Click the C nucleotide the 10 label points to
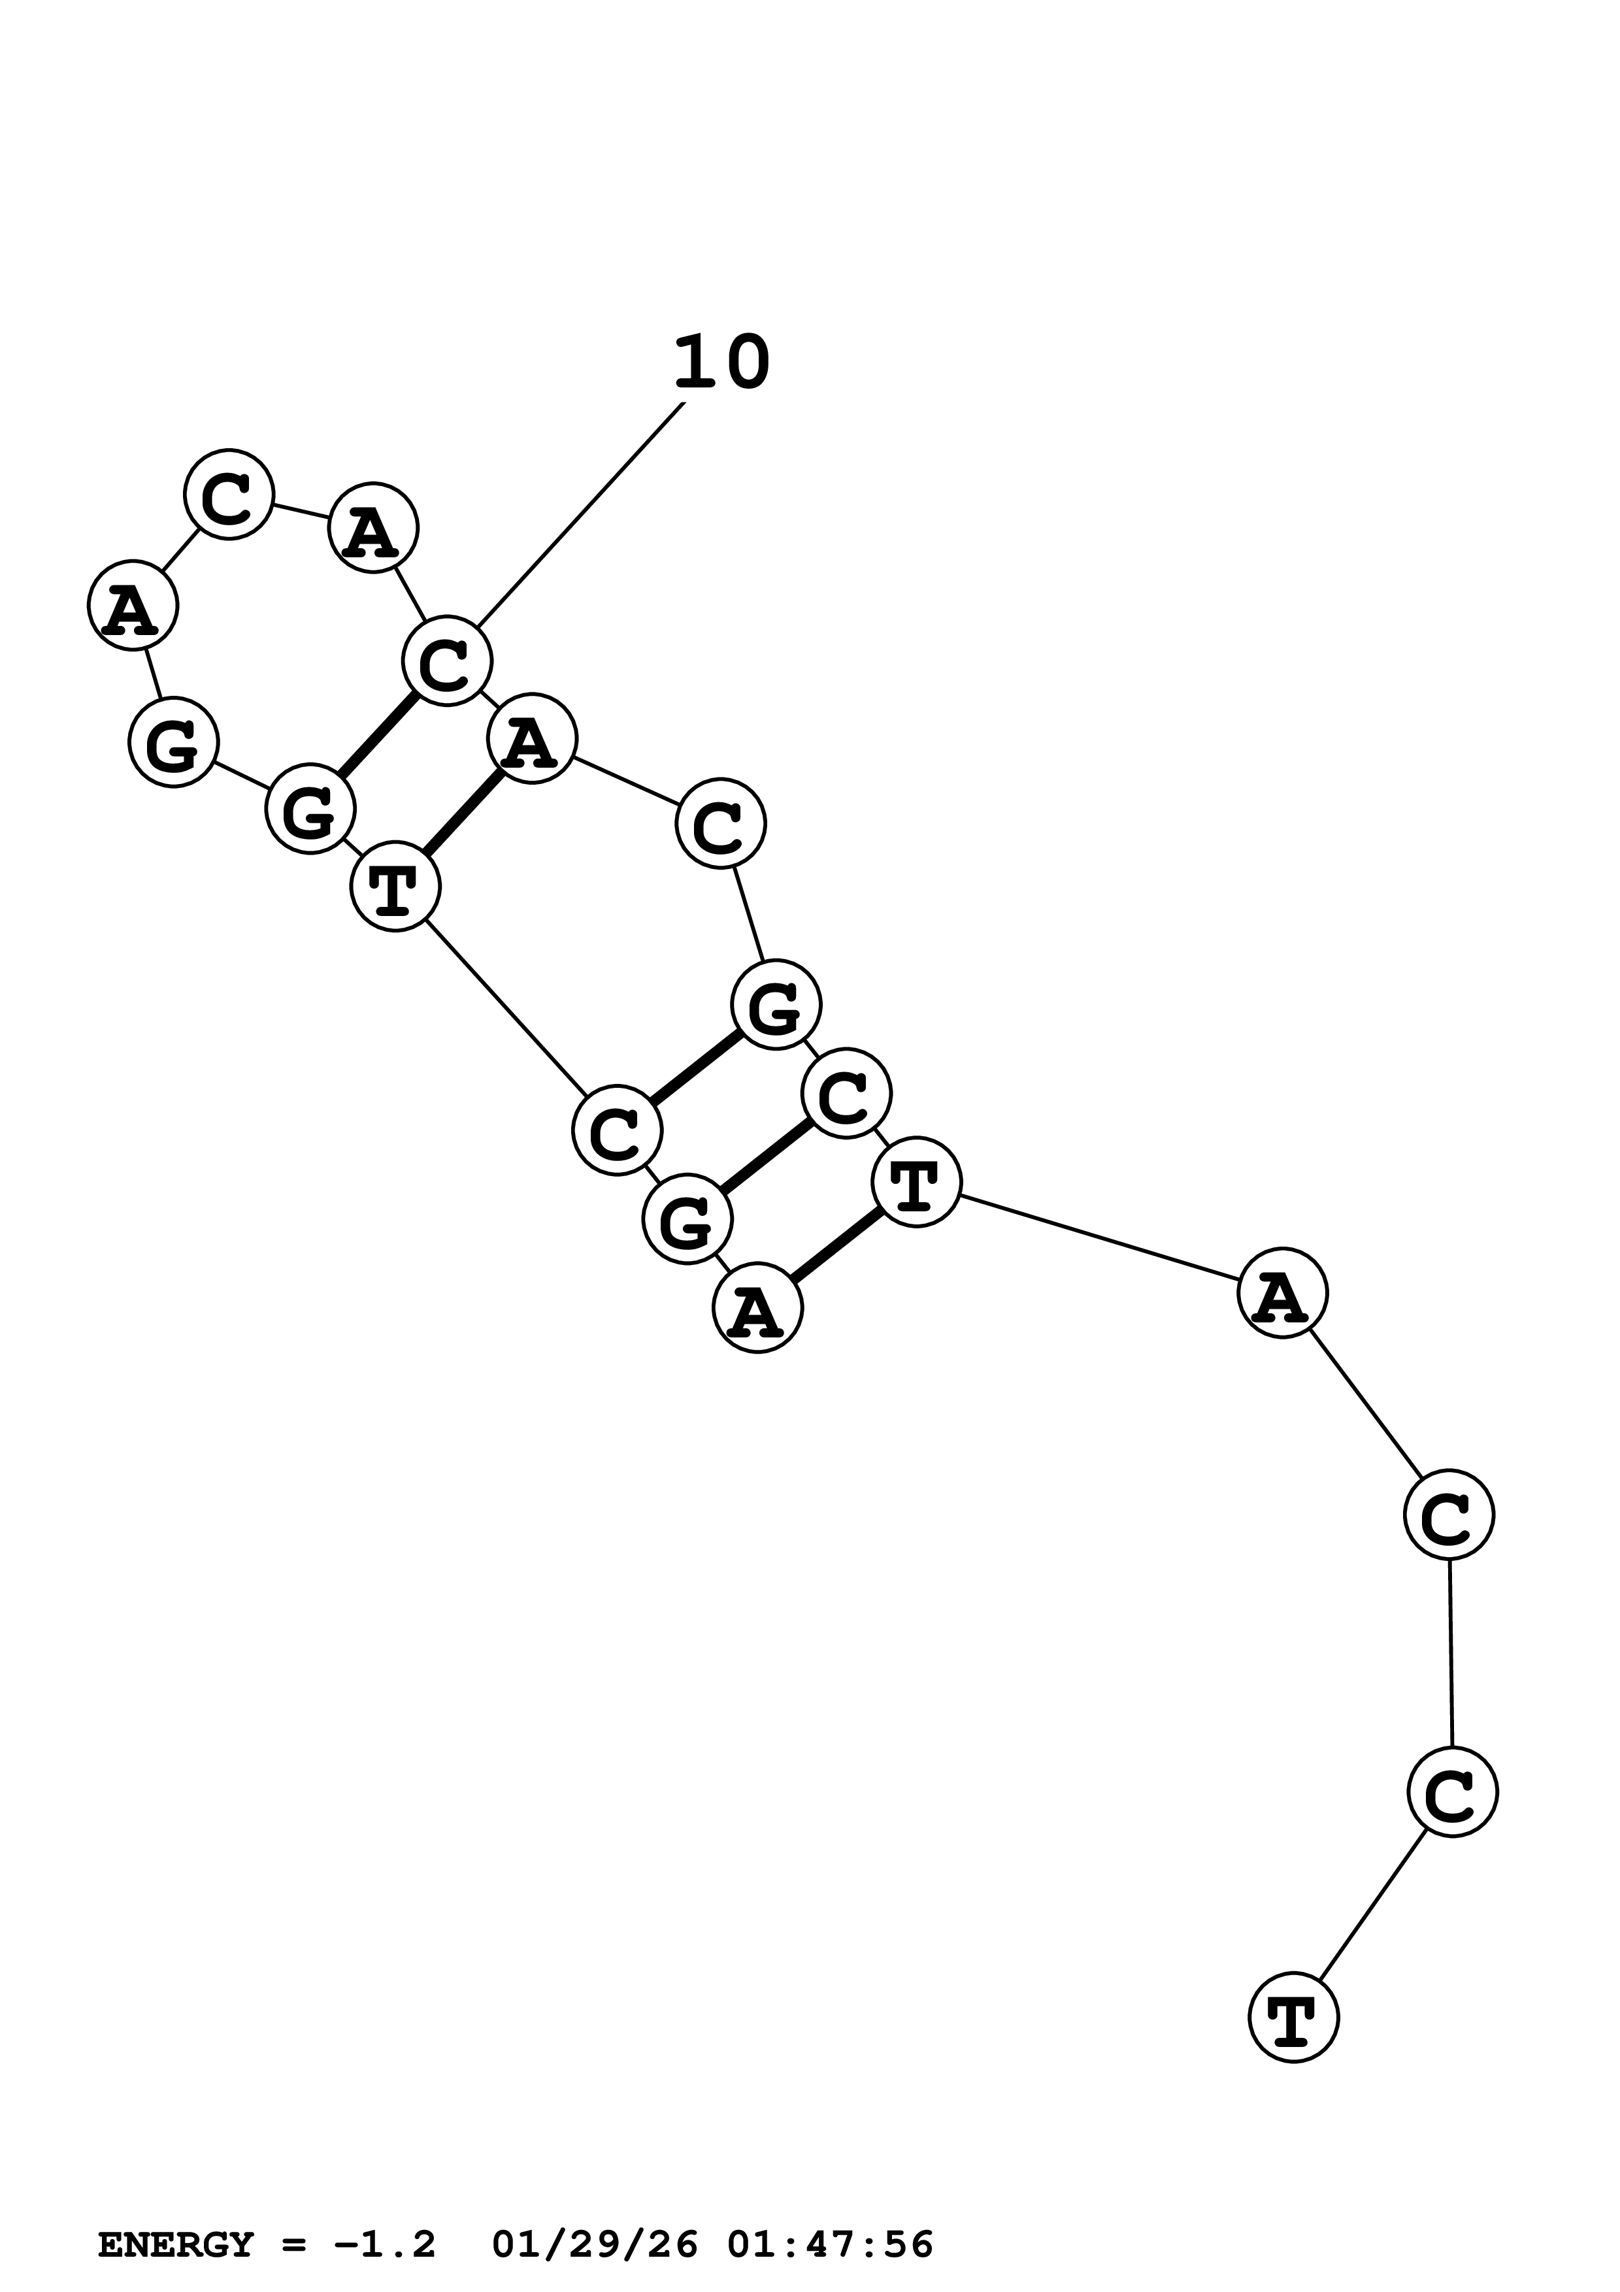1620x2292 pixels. (x=446, y=661)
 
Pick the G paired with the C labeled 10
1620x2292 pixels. (x=310, y=810)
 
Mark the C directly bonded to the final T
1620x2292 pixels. (x=1452, y=1792)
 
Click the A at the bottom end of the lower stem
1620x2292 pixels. (x=757, y=1308)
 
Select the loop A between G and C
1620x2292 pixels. (x=133, y=606)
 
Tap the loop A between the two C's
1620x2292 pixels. (x=372, y=528)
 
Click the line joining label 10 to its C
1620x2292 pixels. (x=579, y=517)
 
